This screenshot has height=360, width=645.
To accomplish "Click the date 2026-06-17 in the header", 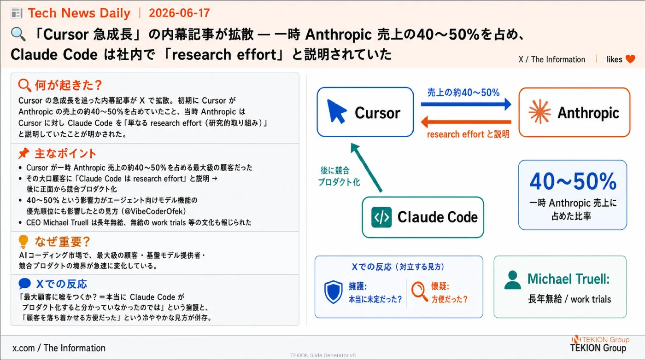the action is point(179,13).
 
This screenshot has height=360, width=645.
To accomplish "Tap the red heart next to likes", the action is point(630,59).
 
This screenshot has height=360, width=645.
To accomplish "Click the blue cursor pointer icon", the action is point(336,111).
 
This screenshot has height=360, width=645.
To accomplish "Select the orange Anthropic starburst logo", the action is point(539,112).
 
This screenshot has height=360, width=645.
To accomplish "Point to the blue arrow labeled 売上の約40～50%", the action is point(466,104).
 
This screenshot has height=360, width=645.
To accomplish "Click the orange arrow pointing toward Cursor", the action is point(466,122).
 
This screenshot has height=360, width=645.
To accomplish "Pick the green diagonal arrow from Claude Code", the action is point(366,167).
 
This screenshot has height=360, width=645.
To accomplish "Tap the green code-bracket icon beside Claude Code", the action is point(381,217).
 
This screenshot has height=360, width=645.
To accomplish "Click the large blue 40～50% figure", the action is point(573,181).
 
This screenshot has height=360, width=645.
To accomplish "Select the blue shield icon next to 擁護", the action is point(333,292).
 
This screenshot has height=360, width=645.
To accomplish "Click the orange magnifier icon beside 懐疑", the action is point(419,291).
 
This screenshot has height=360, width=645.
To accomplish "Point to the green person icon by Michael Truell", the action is point(512,280).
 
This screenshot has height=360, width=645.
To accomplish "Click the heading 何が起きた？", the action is point(69,85).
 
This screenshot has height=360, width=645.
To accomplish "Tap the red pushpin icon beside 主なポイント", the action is point(23,153).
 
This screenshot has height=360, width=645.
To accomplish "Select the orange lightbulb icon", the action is point(23,242).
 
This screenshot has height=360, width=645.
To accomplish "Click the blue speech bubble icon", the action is point(24,284).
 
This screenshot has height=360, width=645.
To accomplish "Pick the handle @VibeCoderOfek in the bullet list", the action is point(153,211).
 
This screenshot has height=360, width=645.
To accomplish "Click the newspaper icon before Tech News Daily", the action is point(17,13).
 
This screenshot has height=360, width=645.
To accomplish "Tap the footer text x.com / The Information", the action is point(59,348).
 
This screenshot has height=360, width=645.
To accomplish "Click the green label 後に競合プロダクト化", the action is point(339,176).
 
